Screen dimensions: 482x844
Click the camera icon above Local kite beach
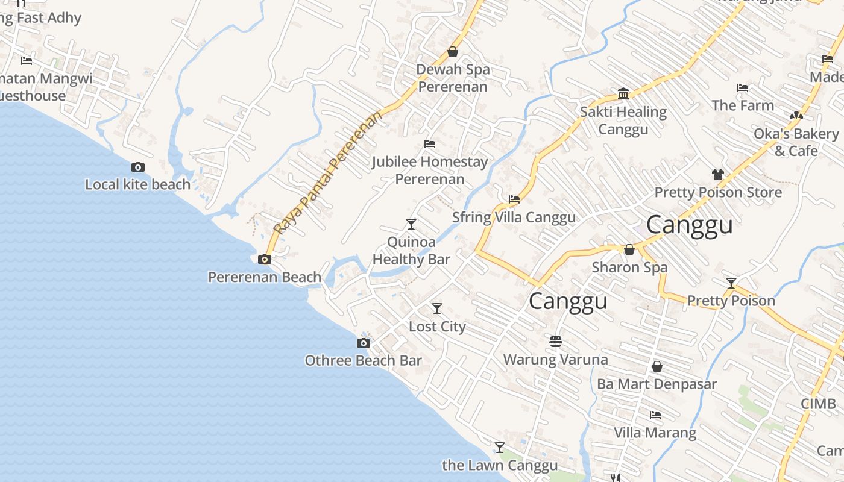point(138,167)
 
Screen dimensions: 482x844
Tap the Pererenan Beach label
point(265,277)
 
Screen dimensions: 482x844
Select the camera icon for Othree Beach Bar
point(364,343)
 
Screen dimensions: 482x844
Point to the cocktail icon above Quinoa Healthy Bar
point(411,224)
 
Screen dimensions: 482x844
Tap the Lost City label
point(437,327)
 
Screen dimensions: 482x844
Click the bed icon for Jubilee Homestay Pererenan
point(430,144)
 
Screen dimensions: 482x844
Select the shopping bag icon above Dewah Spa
point(453,52)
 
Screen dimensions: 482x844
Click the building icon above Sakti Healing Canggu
point(623,94)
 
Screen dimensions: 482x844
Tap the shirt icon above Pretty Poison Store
point(717,175)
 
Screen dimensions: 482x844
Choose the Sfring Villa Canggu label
point(514,218)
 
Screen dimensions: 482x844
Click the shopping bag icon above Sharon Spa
point(629,249)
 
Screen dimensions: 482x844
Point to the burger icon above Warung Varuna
point(556,342)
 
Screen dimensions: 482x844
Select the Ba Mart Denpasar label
point(657,384)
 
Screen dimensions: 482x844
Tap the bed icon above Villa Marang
point(655,415)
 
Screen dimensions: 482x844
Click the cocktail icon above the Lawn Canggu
point(500,448)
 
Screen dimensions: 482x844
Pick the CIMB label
point(818,404)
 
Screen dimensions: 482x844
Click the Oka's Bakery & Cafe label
point(796,142)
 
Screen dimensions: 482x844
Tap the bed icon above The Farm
point(743,88)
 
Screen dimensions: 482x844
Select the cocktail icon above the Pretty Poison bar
point(731,283)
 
